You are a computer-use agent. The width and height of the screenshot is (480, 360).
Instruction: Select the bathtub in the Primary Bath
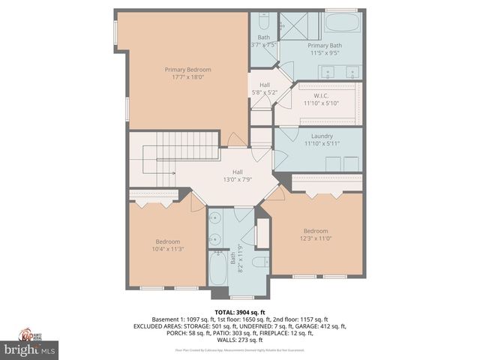pos(343,22)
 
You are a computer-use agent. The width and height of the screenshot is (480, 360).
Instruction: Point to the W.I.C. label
pos(322,95)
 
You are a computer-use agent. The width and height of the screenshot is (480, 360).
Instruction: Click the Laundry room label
pos(322,136)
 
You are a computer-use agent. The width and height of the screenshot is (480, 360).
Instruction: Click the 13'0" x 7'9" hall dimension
pos(237,179)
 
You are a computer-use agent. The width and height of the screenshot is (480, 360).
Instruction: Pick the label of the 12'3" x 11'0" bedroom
pos(316,230)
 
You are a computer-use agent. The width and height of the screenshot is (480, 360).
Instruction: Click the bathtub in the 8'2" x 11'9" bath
pos(217,269)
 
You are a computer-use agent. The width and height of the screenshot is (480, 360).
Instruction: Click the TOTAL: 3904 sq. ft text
pos(240,312)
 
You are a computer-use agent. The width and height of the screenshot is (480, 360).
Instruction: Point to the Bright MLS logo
pos(30,349)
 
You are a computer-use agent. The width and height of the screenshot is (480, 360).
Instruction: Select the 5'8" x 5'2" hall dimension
pos(265,92)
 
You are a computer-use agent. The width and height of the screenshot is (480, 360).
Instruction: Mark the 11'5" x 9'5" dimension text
pos(323,53)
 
